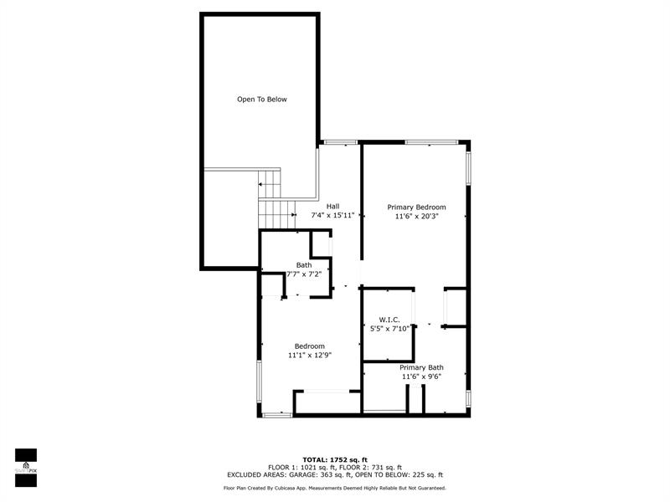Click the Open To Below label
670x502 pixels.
tap(262, 100)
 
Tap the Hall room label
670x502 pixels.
tap(332, 207)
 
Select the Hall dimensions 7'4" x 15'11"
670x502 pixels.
tap(332, 216)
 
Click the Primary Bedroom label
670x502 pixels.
tap(416, 207)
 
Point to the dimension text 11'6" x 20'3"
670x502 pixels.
tap(416, 217)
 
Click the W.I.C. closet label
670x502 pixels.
tap(389, 320)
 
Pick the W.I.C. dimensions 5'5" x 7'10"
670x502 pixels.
tap(389, 329)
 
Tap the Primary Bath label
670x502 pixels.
tap(421, 367)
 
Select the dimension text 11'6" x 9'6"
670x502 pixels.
tap(421, 376)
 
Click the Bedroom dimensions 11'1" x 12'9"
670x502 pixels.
tap(310, 355)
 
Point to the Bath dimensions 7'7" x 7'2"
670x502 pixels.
tap(304, 274)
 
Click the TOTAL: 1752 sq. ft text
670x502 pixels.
tap(335, 459)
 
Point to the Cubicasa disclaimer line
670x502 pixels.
tap(334, 488)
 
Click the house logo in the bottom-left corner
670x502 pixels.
tap(26, 466)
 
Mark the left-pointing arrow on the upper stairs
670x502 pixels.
tap(260, 184)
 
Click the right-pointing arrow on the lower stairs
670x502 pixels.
tap(294, 214)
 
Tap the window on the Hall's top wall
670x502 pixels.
tap(341, 142)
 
